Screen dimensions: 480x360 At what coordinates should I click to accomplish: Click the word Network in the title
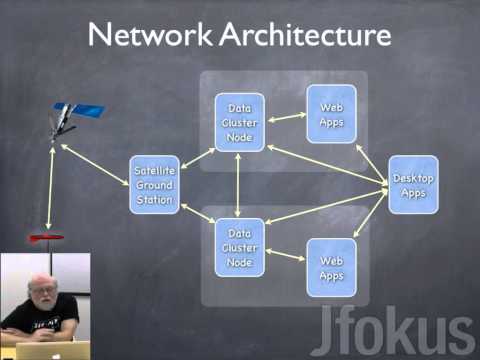(x=150, y=34)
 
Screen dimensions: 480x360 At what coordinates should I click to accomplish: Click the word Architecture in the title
(x=305, y=34)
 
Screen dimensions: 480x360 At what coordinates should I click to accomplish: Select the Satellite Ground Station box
(x=154, y=185)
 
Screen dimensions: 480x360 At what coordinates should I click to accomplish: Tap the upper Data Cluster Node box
(x=240, y=122)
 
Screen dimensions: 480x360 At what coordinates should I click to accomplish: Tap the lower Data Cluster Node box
(x=240, y=248)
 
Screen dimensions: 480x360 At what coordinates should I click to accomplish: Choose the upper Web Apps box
(x=331, y=114)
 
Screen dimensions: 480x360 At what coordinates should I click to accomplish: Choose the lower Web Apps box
(x=331, y=268)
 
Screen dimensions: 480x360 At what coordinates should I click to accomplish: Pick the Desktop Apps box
(x=413, y=185)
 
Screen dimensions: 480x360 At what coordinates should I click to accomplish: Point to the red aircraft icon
(x=46, y=238)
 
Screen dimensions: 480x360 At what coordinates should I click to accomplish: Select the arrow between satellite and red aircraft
(x=50, y=188)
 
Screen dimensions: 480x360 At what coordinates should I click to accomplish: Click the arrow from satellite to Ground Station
(x=95, y=164)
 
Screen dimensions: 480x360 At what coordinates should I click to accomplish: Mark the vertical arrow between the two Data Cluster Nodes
(x=238, y=185)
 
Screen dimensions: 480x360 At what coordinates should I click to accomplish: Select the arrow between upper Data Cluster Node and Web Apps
(x=287, y=117)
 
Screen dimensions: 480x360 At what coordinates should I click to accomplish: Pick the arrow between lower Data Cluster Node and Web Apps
(x=285, y=254)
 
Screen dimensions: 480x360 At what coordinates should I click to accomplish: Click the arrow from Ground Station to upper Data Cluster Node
(x=198, y=158)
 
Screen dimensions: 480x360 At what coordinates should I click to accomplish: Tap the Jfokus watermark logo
(x=392, y=330)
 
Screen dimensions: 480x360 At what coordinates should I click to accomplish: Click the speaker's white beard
(x=44, y=303)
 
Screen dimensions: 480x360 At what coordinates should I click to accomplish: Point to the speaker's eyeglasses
(x=43, y=291)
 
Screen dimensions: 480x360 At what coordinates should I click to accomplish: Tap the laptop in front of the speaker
(x=52, y=350)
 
